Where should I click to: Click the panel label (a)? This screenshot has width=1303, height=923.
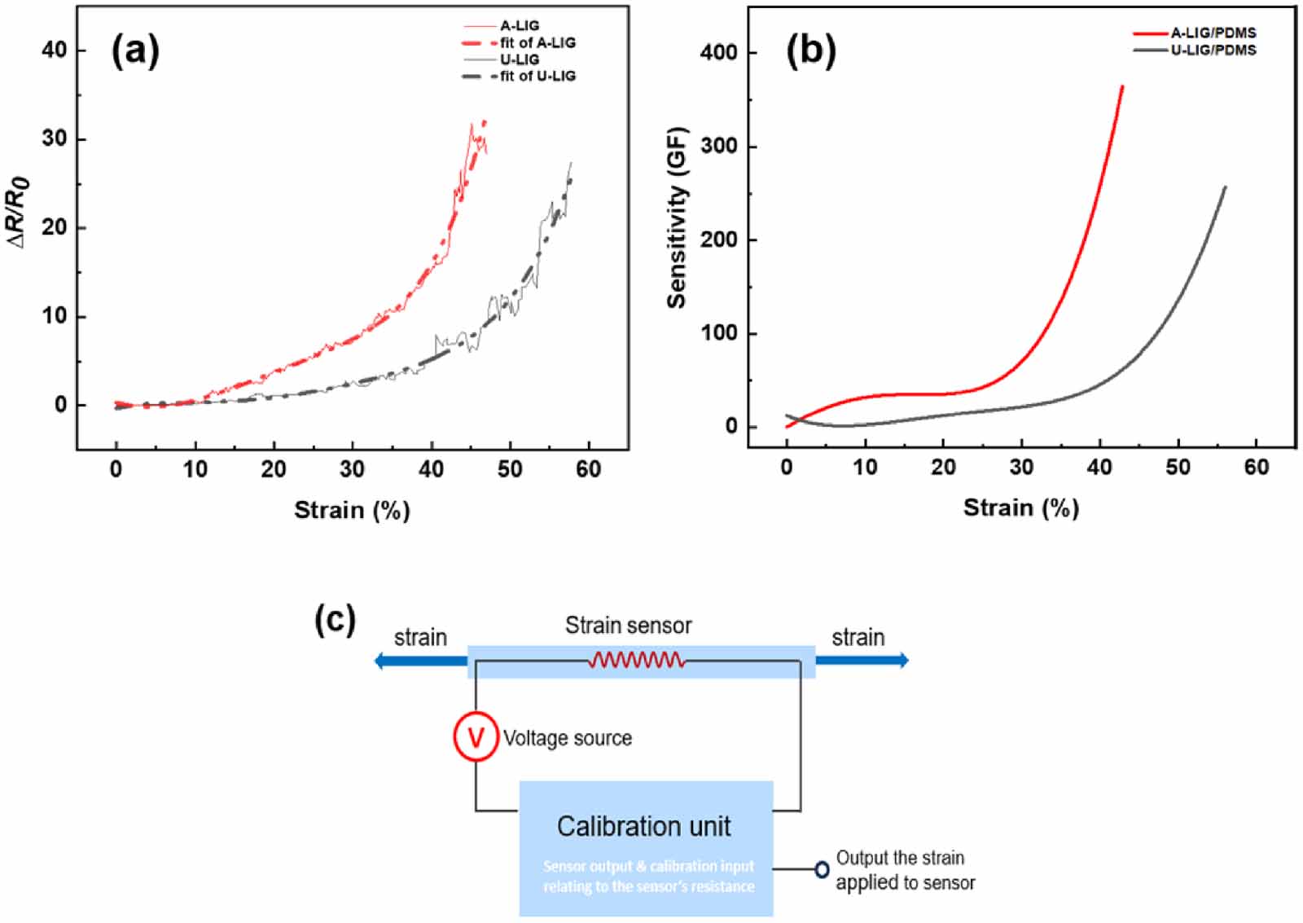pyautogui.click(x=135, y=51)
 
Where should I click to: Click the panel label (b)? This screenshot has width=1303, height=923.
pyautogui.click(x=810, y=51)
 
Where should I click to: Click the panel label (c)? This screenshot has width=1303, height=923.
pyautogui.click(x=335, y=621)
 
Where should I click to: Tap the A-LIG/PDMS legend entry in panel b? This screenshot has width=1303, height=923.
pyautogui.click(x=1213, y=33)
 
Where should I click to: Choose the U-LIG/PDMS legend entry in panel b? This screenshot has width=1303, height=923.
pyautogui.click(x=1213, y=50)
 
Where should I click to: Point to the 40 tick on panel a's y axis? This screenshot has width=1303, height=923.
pyautogui.click(x=55, y=50)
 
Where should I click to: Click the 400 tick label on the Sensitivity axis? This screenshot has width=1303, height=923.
pyautogui.click(x=718, y=52)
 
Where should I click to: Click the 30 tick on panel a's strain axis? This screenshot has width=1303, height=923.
pyautogui.click(x=352, y=468)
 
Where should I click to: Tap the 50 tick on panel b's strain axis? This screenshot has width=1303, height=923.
pyautogui.click(x=1178, y=467)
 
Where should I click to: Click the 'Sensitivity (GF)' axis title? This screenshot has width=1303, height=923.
pyautogui.click(x=677, y=218)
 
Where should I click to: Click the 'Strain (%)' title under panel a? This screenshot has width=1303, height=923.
pyautogui.click(x=352, y=510)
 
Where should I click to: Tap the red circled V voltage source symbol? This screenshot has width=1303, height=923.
pyautogui.click(x=476, y=736)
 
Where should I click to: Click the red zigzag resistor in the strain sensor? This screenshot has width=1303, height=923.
pyautogui.click(x=636, y=660)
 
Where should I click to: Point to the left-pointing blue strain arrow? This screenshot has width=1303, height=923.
pyautogui.click(x=419, y=661)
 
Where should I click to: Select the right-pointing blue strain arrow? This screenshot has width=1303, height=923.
pyautogui.click(x=862, y=660)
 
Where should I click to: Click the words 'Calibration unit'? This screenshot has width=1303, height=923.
pyautogui.click(x=643, y=826)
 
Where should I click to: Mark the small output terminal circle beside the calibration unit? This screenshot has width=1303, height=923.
pyautogui.click(x=822, y=869)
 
